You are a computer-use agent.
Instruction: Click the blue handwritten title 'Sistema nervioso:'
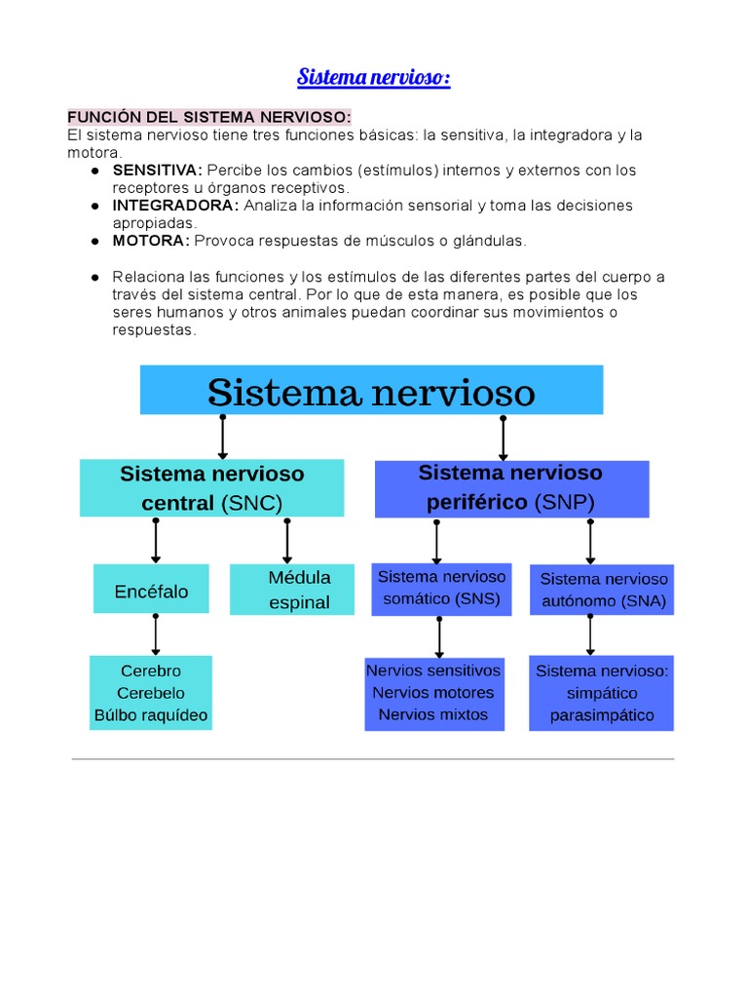tap(373, 77)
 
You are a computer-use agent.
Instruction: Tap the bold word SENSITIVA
tap(157, 171)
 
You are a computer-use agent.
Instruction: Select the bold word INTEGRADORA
tap(175, 206)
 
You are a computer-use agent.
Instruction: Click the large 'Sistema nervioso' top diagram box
tap(371, 391)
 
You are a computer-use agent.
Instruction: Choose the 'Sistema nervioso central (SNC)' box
tap(211, 488)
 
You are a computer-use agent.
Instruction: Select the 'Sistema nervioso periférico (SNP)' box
tap(510, 488)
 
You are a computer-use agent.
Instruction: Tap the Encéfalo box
tap(151, 592)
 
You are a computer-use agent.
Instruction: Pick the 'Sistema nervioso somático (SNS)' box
tap(441, 589)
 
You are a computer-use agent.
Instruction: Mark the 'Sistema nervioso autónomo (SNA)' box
tap(604, 591)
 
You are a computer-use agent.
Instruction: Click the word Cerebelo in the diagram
tap(151, 693)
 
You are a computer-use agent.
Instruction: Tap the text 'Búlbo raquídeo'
tap(151, 715)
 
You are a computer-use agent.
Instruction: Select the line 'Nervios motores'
tap(433, 693)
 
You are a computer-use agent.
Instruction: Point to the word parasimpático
tap(602, 715)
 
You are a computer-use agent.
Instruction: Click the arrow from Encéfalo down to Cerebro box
tap(156, 635)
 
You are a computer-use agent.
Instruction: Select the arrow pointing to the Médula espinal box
tap(287, 541)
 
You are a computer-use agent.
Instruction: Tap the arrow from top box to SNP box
tap(503, 438)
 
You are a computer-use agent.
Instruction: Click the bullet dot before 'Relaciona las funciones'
tap(94, 277)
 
